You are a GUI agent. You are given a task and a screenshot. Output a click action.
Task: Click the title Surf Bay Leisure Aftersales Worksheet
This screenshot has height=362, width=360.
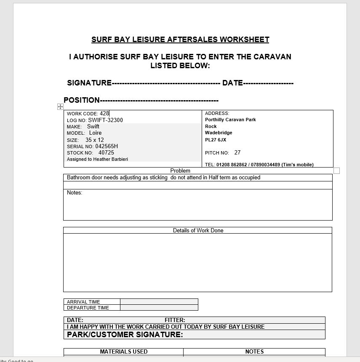pyautogui.click(x=180, y=40)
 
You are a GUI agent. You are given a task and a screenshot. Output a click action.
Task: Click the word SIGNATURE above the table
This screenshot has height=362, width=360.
pyautogui.click(x=89, y=83)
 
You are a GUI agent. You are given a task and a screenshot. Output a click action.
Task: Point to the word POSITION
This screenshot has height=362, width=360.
pyautogui.click(x=82, y=100)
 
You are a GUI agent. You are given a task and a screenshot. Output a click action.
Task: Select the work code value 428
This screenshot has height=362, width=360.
pyautogui.click(x=104, y=114)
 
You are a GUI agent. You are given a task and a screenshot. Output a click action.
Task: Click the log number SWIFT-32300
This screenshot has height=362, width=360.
pyautogui.click(x=105, y=120)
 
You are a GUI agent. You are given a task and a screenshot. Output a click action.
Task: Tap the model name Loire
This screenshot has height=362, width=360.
pyautogui.click(x=95, y=133)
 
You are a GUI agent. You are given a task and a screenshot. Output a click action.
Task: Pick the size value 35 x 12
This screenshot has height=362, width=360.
pyautogui.click(x=94, y=140)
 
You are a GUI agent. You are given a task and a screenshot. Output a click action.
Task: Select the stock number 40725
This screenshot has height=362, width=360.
pyautogui.click(x=106, y=153)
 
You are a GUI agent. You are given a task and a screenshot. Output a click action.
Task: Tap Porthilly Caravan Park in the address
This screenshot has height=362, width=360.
pyautogui.click(x=230, y=120)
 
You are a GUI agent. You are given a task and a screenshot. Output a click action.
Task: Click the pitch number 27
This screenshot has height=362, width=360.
pyautogui.click(x=237, y=153)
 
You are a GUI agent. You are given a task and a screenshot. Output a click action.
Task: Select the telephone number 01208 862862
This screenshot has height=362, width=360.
pyautogui.click(x=232, y=165)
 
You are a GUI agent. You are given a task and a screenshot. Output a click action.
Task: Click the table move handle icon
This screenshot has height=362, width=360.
pyautogui.click(x=60, y=107)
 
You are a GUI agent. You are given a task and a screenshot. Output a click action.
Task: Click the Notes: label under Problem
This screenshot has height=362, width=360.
pyautogui.click(x=75, y=193)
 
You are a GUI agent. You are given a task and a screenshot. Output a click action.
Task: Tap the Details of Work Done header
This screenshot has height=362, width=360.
pyautogui.click(x=198, y=231)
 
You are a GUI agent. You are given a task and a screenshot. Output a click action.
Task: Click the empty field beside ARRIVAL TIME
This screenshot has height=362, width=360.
pyautogui.click(x=159, y=302)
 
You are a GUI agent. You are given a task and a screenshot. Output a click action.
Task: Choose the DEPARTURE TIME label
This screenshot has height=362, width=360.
pyautogui.click(x=88, y=308)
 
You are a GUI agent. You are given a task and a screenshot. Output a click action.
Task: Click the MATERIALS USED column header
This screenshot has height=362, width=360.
pyautogui.click(x=123, y=351)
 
